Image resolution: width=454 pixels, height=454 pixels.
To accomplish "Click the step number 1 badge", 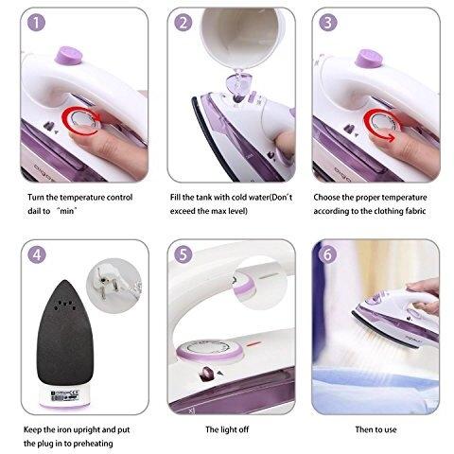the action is [x=36, y=23].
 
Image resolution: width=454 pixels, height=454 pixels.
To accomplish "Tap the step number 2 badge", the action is [x=183, y=23].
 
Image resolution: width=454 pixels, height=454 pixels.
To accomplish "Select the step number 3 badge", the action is [x=328, y=23].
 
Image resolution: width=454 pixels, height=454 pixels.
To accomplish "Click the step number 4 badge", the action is [x=37, y=254].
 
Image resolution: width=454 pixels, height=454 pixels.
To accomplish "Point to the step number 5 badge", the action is [x=183, y=254].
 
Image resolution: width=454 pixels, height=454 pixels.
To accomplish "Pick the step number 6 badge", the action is [x=328, y=254].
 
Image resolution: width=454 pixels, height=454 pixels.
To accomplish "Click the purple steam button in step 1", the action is [x=69, y=56].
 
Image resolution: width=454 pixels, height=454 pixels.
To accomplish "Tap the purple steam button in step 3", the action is [x=369, y=59].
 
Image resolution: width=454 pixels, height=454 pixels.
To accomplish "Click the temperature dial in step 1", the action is [x=81, y=120].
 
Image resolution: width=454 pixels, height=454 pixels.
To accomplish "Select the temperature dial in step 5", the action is [x=209, y=349].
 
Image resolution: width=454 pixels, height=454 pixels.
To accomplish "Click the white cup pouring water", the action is [x=243, y=36].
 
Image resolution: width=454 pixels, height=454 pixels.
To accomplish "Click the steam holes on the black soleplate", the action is [x=64, y=305].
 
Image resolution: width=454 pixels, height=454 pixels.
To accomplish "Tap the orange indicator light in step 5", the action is [x=253, y=344].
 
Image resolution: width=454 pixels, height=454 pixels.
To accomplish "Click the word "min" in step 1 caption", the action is [x=67, y=211].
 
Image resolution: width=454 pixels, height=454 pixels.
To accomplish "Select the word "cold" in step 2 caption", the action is [x=239, y=198].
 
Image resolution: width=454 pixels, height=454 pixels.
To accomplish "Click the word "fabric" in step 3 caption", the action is [x=415, y=211].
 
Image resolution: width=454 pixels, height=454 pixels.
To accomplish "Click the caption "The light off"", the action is [x=227, y=429].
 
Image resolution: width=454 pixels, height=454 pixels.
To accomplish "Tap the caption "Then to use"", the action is [x=375, y=429].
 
